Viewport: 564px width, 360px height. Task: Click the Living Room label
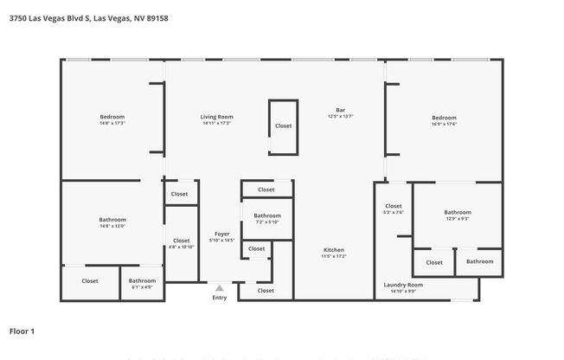tap(217, 117)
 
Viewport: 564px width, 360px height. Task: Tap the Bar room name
tap(341, 110)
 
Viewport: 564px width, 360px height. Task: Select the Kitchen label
tap(334, 250)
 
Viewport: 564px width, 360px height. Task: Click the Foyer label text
tap(222, 234)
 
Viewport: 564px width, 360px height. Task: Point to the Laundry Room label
tap(403, 285)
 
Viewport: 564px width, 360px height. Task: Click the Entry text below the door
tap(220, 298)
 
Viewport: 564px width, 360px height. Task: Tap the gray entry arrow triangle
tap(220, 288)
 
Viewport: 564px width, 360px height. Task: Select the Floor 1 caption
tap(22, 331)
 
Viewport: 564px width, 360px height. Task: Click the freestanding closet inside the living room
tap(284, 126)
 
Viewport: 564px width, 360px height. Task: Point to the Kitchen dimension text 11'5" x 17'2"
tap(334, 257)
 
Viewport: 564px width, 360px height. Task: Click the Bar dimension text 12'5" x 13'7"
tap(341, 116)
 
